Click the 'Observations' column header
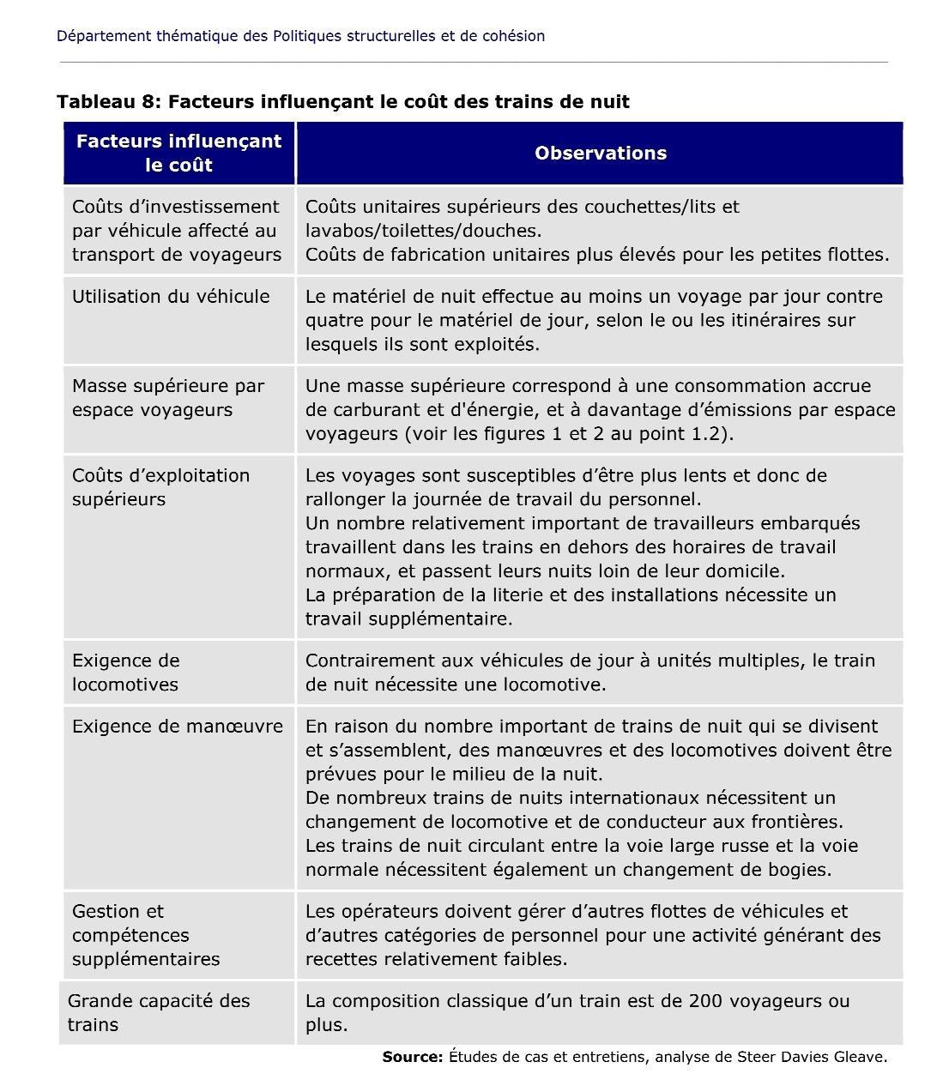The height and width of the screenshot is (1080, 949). (600, 154)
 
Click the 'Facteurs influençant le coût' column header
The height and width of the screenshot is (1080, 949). (178, 154)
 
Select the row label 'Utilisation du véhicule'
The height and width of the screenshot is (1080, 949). (171, 297)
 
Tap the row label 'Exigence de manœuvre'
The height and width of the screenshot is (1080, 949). (178, 727)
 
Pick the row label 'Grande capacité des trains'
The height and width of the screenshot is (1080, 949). (159, 1013)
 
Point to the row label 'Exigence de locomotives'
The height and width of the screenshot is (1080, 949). (125, 673)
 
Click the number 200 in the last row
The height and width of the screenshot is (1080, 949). (704, 1001)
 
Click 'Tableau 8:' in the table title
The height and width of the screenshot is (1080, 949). (109, 102)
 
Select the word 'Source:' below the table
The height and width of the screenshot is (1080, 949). (413, 1057)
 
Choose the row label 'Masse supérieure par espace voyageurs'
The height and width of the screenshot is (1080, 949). (168, 398)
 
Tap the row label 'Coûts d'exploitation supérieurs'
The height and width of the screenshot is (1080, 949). (160, 487)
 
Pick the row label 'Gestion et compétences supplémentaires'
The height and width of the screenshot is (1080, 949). (146, 935)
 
